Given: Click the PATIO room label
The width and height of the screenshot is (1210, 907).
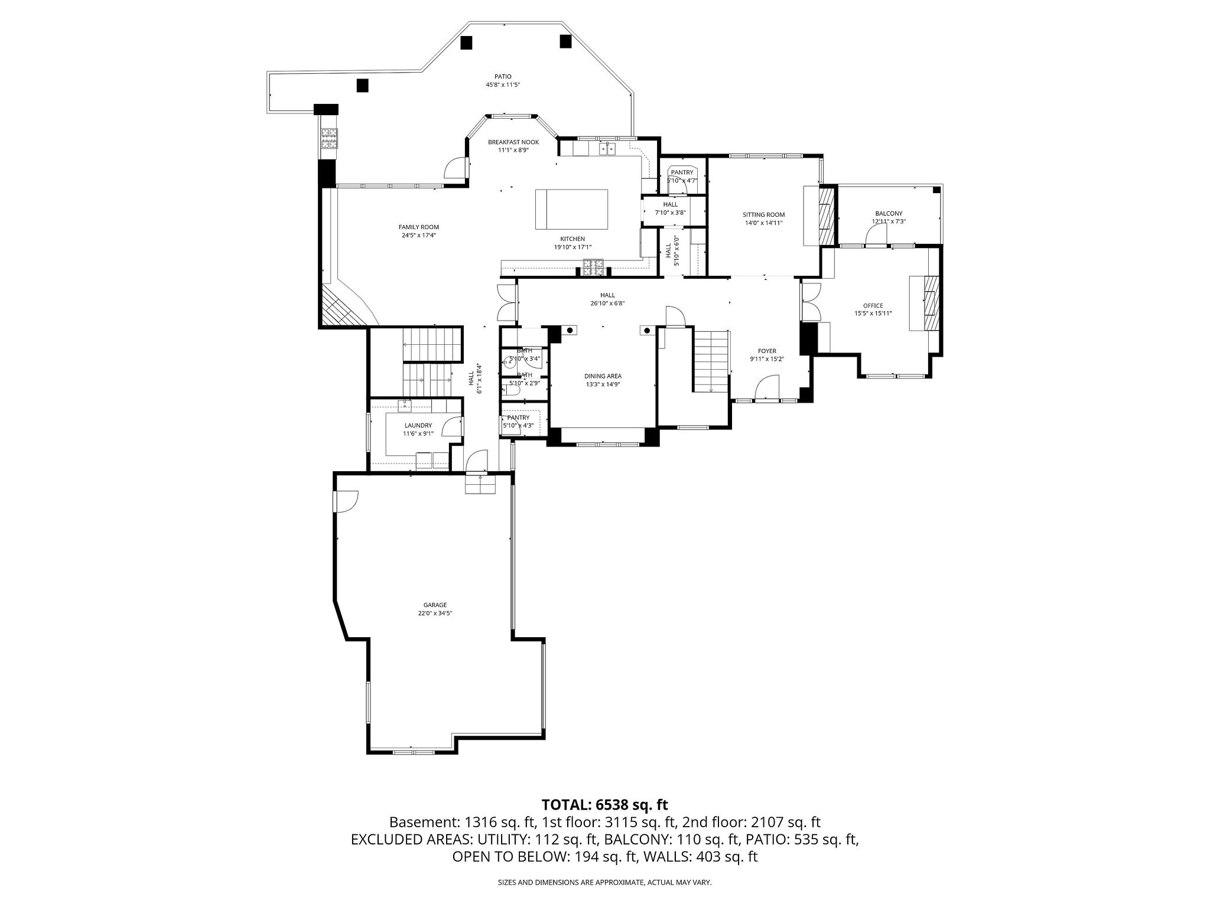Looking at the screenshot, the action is coord(503,76).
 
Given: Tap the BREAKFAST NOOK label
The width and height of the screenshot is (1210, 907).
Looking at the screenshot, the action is coord(513,142).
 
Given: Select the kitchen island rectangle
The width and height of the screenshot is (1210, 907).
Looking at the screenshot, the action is coord(571,209).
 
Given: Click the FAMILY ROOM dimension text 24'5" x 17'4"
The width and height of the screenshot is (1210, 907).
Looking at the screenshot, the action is coord(418,235).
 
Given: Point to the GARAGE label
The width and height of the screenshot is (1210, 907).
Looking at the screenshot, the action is coord(435,605).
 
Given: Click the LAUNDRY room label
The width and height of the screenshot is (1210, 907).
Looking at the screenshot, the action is coord(418,425).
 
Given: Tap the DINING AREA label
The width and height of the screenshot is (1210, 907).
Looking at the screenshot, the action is coord(603,376).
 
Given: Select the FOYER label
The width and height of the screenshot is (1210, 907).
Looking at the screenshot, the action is coord(767,351).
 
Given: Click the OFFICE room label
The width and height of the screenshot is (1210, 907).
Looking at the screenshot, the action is coord(873,306).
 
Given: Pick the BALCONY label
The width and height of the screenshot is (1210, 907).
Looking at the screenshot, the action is coord(889,214).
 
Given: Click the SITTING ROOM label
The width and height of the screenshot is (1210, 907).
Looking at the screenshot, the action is coord(763,215).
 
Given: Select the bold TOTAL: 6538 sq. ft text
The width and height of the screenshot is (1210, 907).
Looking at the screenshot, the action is coord(604,804).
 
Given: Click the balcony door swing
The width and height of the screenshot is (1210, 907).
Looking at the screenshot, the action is coord(876,236).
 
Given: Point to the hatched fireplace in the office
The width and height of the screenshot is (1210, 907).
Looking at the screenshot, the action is coord(931,303).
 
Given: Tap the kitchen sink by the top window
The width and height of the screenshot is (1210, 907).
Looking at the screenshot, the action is coord(607,148).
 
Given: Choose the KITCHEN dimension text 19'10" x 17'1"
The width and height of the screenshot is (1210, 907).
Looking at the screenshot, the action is coord(573,247).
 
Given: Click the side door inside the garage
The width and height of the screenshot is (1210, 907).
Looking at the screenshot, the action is coord(346,502).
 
